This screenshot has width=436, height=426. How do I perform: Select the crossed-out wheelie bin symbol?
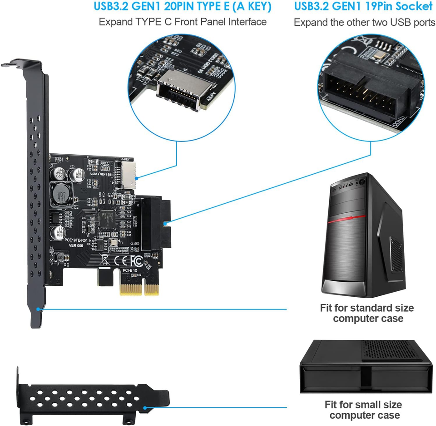pos(104,260)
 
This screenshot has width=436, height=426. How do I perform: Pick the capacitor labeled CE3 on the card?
pos(74,175)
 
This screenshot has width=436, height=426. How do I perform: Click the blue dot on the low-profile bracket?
pos(144,408)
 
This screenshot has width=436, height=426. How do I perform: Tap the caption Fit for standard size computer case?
pos(367,313)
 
